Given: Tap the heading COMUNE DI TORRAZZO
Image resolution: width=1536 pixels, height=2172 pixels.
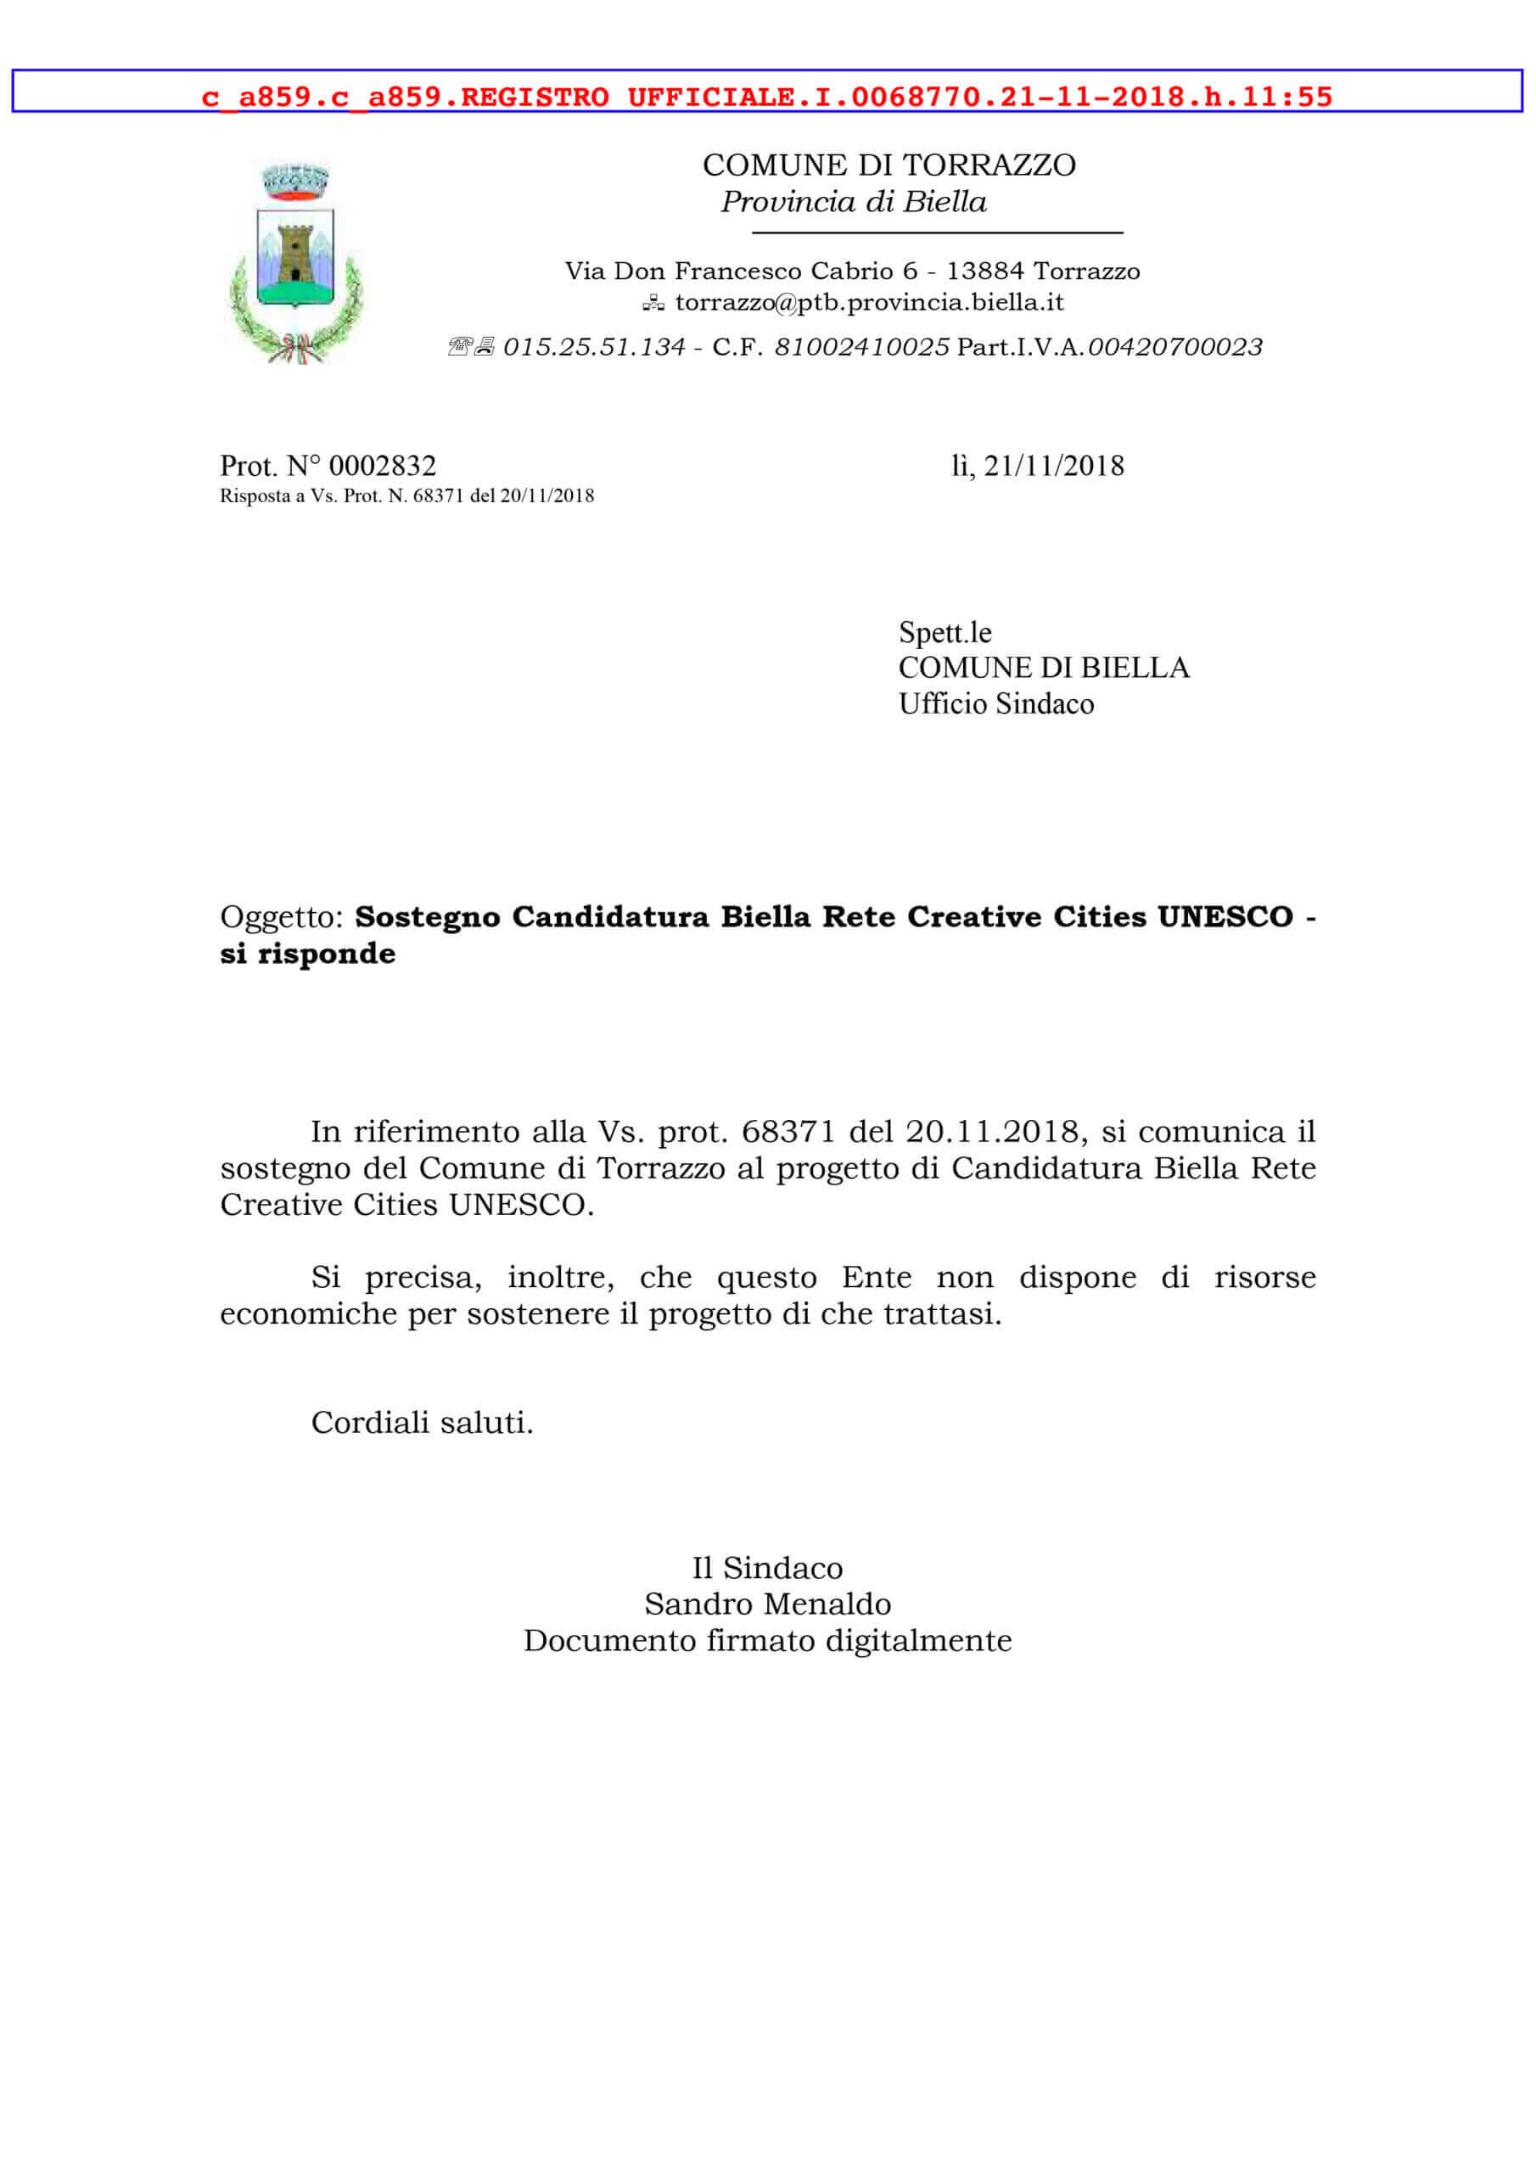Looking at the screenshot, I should pyautogui.click(x=888, y=165).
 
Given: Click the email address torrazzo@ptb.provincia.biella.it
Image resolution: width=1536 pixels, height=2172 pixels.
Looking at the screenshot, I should pyautogui.click(x=869, y=303).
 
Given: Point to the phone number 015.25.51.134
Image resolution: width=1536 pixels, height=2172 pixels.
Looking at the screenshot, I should pyautogui.click(x=593, y=348).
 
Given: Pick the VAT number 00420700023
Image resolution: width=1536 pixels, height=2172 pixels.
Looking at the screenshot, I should pyautogui.click(x=1174, y=348).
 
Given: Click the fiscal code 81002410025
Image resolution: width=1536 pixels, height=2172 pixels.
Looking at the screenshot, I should pyautogui.click(x=861, y=348).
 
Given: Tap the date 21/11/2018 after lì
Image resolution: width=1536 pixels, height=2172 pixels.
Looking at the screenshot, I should pyautogui.click(x=1053, y=467).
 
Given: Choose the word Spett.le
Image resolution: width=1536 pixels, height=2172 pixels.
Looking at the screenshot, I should pyautogui.click(x=945, y=632).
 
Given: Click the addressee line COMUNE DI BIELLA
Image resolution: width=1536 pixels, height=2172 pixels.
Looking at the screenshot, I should pyautogui.click(x=1043, y=668).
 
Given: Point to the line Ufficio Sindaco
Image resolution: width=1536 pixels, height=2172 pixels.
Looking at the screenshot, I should pyautogui.click(x=995, y=704).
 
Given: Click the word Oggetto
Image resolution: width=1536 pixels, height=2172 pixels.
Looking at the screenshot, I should pyautogui.click(x=279, y=916).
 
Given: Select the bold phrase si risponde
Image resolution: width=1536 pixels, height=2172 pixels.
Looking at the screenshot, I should pyautogui.click(x=307, y=954).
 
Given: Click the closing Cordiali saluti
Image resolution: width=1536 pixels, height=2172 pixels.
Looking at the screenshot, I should pyautogui.click(x=422, y=1422).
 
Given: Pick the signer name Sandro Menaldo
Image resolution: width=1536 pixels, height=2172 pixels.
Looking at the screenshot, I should pyautogui.click(x=767, y=1604).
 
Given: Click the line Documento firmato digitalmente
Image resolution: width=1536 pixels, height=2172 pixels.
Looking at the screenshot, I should pyautogui.click(x=767, y=1640).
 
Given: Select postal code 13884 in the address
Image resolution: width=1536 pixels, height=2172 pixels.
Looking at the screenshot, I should pyautogui.click(x=984, y=271).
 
